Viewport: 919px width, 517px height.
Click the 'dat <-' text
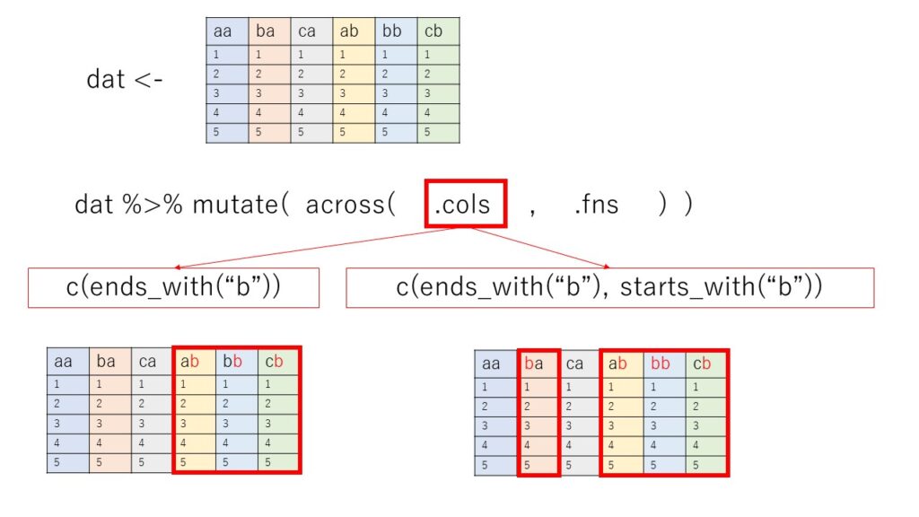pos(125,79)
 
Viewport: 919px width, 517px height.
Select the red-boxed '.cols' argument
pos(462,204)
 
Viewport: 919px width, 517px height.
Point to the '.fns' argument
pos(596,205)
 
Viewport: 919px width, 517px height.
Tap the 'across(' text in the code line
pos(350,205)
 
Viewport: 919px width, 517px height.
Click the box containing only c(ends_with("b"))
pos(173,287)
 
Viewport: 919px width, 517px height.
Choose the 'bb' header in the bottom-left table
pos(237,361)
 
